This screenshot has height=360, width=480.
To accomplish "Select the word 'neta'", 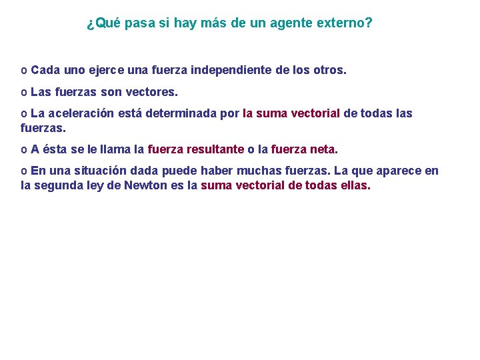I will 322,149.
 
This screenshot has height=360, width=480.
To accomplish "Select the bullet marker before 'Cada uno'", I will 24,70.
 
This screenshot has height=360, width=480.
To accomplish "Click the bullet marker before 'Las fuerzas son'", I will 24,92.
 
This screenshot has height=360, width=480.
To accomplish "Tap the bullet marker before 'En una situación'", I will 24,171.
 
